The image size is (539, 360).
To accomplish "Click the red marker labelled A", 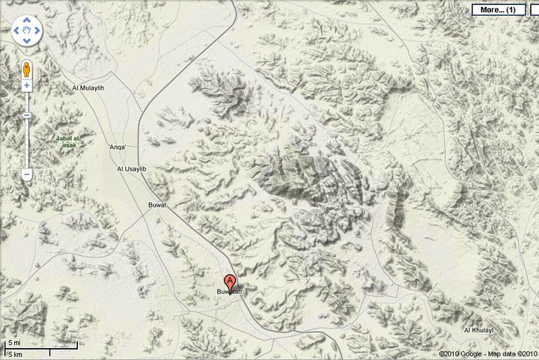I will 229,281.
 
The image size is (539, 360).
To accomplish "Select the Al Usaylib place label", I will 132,169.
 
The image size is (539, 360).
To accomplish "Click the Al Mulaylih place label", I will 89,88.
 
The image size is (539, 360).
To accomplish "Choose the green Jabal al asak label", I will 73,140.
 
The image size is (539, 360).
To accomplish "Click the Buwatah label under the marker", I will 230,292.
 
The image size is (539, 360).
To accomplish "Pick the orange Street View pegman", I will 26,69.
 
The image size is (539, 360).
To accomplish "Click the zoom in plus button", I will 26,85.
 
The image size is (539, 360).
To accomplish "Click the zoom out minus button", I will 26,174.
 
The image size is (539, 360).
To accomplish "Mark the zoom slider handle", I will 26,116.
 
